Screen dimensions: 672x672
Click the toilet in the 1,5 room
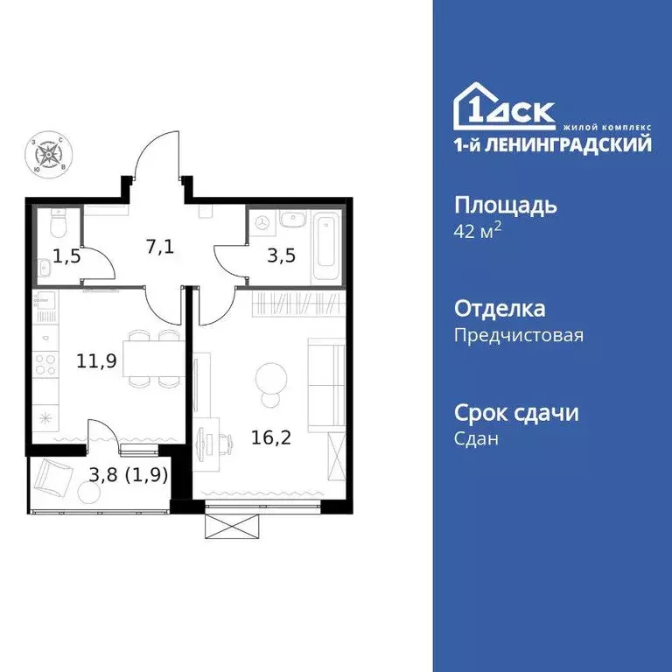(55, 225)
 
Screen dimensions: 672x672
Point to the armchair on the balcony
(55, 476)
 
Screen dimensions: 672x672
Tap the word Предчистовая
(519, 335)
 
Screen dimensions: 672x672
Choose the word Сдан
(477, 439)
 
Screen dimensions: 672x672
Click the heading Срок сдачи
(516, 413)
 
